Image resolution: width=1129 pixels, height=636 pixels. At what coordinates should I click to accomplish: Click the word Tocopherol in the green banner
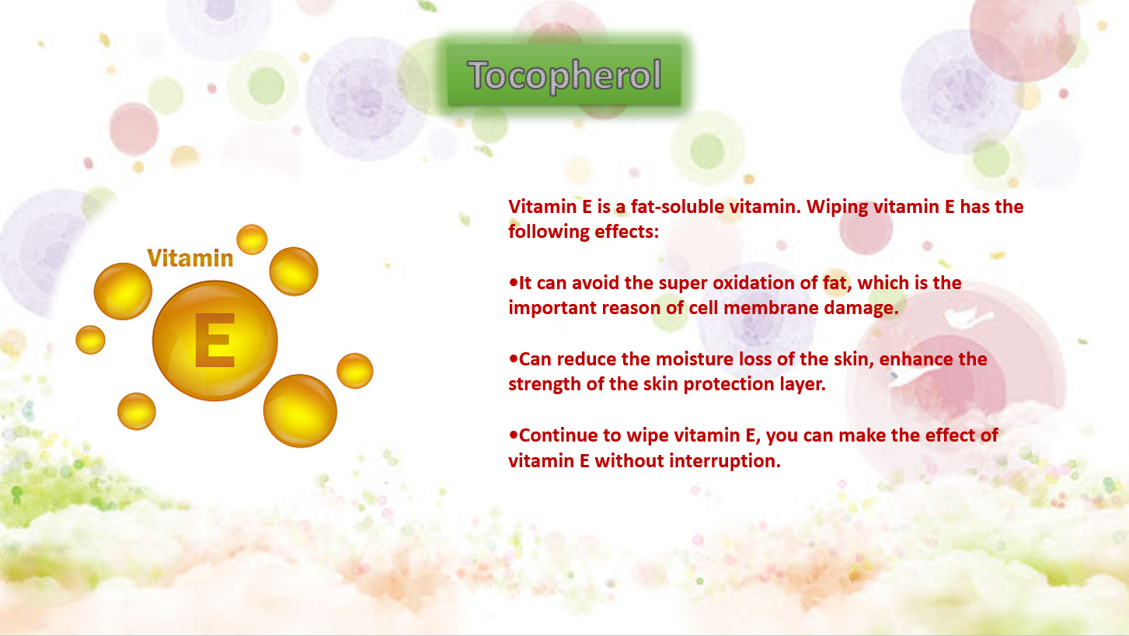564,75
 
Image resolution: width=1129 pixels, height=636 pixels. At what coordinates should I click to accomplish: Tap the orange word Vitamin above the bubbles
190,258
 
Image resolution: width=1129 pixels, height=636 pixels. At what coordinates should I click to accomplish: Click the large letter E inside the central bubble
214,340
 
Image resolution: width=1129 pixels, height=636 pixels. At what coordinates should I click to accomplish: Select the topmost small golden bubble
252,239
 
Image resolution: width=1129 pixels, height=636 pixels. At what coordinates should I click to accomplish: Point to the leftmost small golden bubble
91,340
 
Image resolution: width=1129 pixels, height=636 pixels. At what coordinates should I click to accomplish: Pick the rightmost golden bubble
355,371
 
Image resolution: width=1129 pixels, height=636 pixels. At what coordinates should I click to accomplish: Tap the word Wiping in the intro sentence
837,208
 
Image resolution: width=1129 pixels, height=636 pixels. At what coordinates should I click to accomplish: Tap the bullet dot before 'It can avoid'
513,283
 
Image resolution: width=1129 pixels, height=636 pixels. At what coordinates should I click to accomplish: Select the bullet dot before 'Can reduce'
513,359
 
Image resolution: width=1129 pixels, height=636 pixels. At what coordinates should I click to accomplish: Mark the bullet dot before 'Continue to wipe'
513,435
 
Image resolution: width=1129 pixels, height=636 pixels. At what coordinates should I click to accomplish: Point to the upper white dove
967,316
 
